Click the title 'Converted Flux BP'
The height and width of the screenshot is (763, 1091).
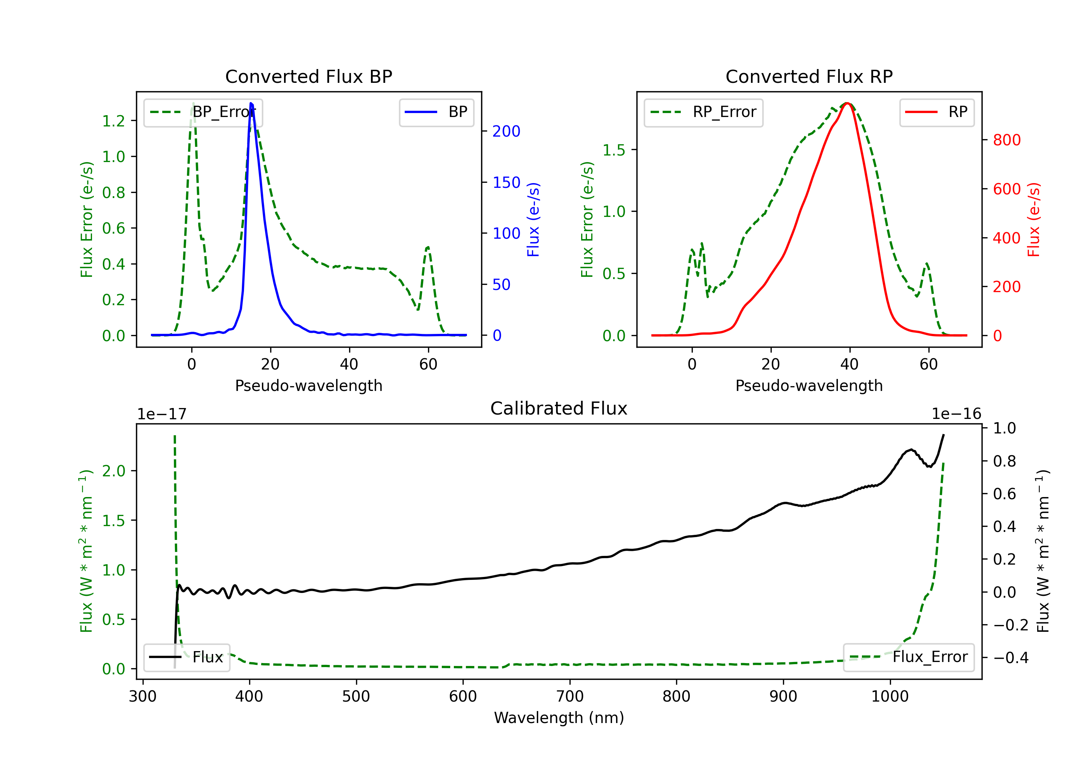(308, 76)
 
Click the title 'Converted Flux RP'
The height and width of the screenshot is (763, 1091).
(809, 76)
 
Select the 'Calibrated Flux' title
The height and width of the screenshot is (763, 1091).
(559, 408)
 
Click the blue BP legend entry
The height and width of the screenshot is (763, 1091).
(436, 112)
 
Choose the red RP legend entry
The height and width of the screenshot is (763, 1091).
(936, 112)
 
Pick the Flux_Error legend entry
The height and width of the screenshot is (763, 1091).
(908, 657)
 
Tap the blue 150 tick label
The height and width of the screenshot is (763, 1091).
(507, 182)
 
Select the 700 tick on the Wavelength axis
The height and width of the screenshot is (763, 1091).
(570, 696)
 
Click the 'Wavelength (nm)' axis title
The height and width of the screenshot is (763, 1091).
(559, 718)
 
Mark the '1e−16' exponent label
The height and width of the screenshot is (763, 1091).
(956, 414)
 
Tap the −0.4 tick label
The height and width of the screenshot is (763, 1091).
(1011, 658)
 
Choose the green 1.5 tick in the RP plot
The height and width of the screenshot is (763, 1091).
(614, 150)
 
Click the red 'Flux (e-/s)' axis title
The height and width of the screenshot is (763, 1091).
(1034, 219)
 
